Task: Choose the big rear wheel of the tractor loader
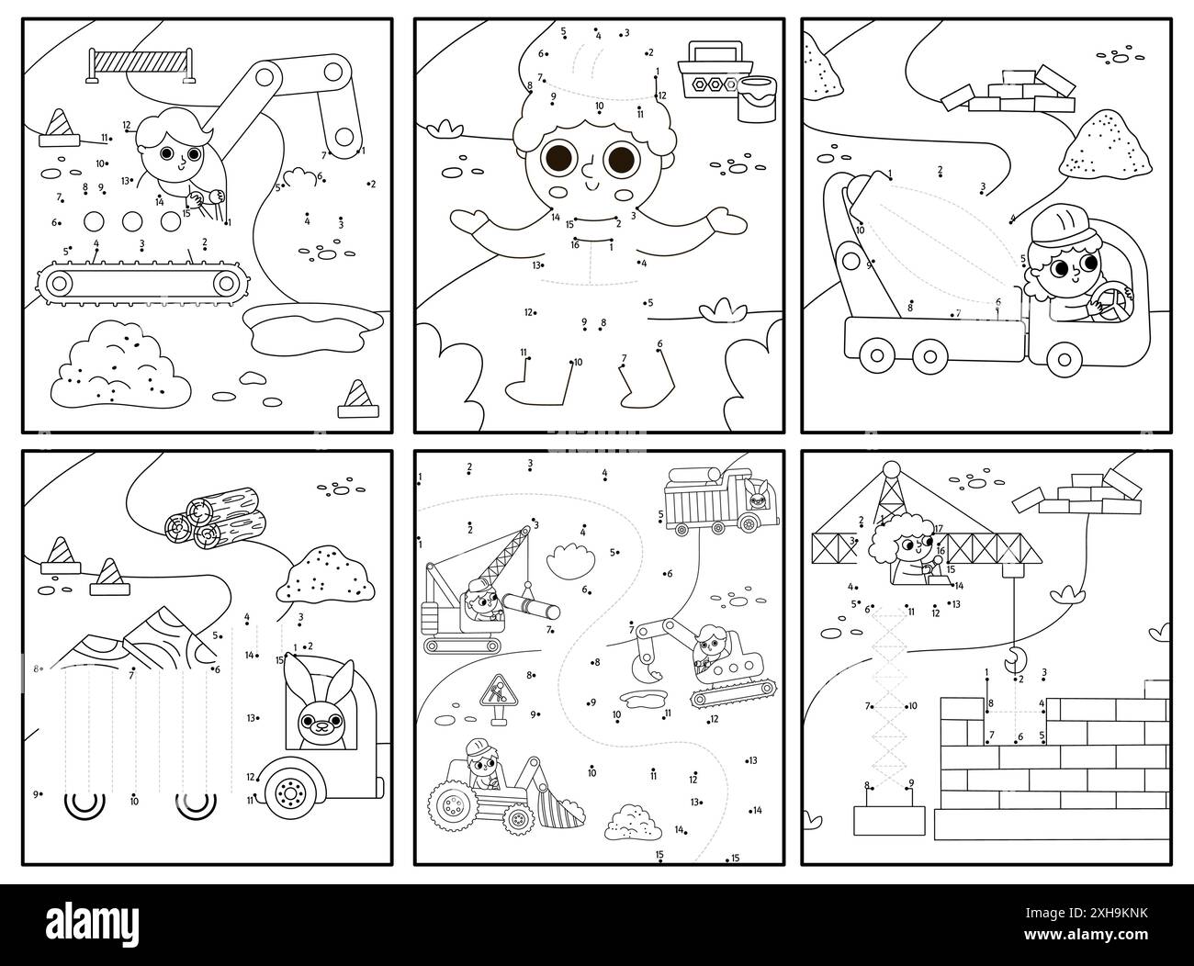coord(451,808)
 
